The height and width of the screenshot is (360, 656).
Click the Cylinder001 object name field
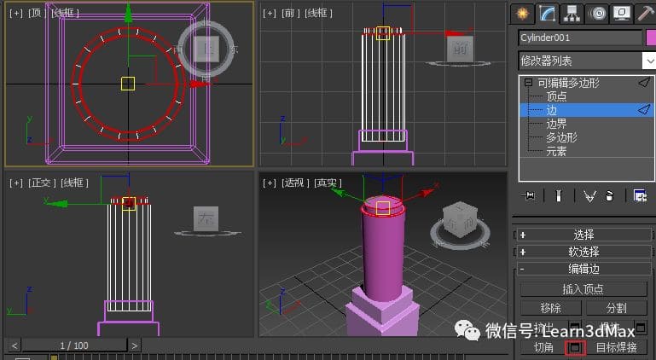(x=579, y=38)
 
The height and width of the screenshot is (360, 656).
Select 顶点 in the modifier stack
(x=556, y=96)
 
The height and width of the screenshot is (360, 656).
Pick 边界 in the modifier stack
(x=556, y=124)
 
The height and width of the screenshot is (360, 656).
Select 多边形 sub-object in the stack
(x=561, y=137)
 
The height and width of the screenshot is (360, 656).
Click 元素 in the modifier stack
(x=556, y=151)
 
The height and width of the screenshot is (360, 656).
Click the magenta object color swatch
(x=651, y=38)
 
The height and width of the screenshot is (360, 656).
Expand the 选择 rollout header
(x=583, y=235)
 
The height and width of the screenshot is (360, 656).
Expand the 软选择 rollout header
(x=583, y=252)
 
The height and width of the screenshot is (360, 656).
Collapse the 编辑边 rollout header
(x=583, y=269)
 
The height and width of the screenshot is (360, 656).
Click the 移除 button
(x=551, y=308)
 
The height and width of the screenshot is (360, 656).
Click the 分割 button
(x=616, y=308)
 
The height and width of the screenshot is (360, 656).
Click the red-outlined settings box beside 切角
(x=575, y=348)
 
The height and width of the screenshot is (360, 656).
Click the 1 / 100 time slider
(x=73, y=345)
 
